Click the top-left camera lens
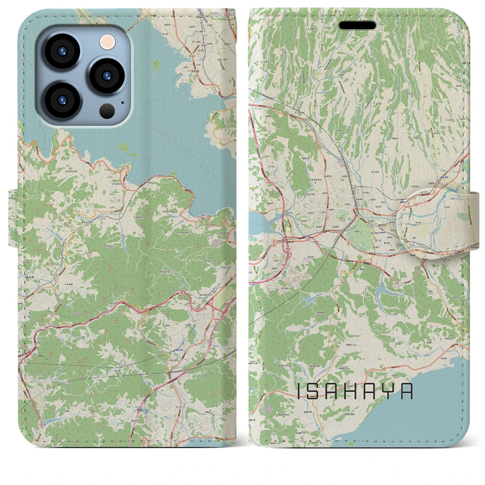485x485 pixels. [x=61, y=52]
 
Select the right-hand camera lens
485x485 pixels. [x=107, y=75]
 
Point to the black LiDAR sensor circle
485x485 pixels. [x=107, y=111]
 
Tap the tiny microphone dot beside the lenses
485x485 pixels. [x=122, y=102]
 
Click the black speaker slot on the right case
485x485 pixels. [x=357, y=25]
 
